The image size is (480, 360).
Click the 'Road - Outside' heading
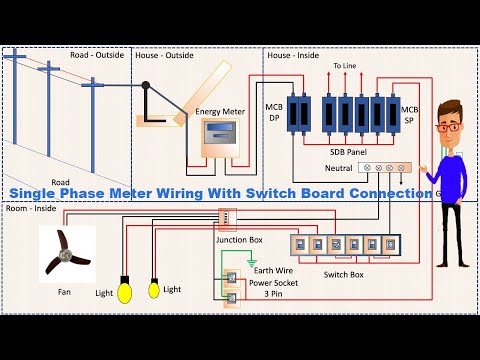(97, 56)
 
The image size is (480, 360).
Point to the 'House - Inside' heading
(293, 56)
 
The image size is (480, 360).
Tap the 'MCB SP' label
(408, 112)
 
